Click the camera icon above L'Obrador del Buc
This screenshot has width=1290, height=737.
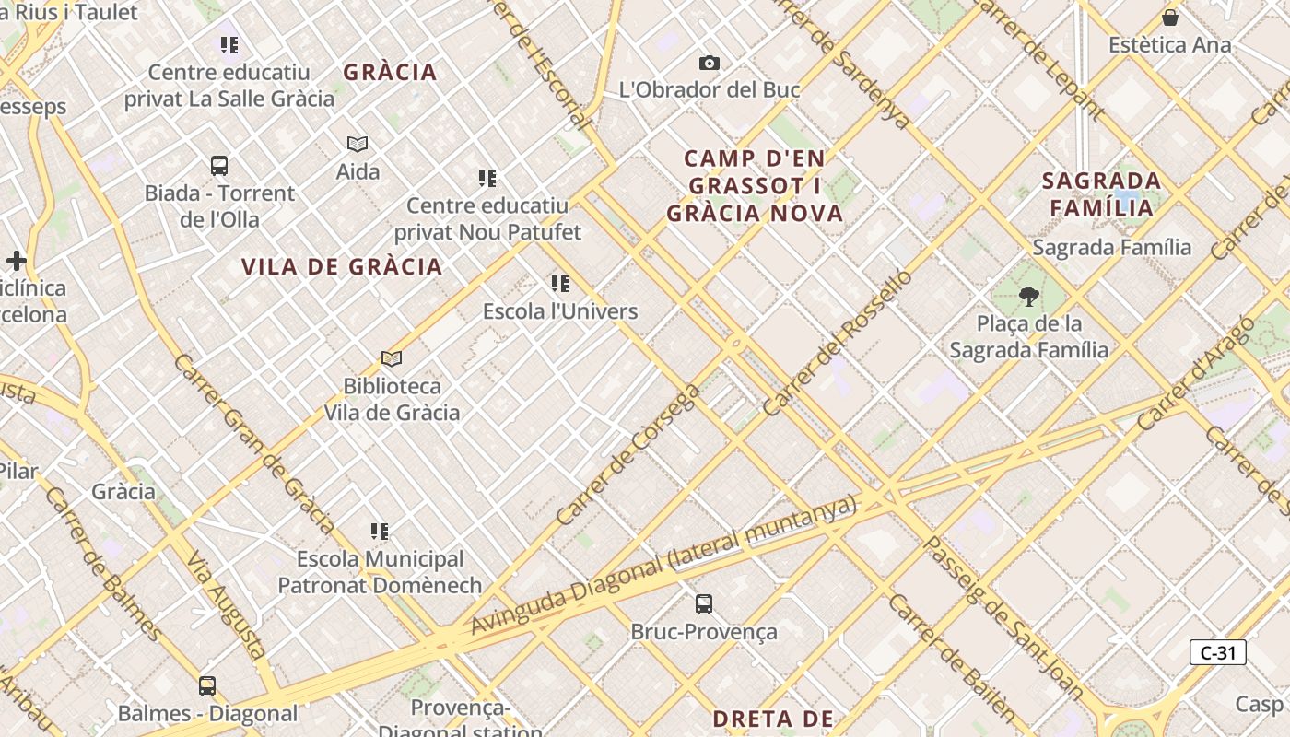[709, 63]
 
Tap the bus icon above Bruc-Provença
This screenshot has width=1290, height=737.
[704, 604]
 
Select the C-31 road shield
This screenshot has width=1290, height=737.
[1217, 652]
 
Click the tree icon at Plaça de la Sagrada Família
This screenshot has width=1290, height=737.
[1028, 297]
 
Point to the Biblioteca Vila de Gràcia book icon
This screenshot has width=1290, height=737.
[392, 358]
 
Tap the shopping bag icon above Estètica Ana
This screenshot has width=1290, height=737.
[1169, 18]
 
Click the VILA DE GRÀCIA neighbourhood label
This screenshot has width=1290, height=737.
[342, 267]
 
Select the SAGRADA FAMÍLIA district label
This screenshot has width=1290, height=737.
[1102, 193]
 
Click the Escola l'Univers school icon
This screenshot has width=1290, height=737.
[560, 284]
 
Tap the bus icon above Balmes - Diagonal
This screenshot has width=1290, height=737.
[207, 686]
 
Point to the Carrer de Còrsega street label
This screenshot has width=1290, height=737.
[627, 455]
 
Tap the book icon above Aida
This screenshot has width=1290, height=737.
[358, 144]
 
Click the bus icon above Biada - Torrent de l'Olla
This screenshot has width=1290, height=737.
[219, 166]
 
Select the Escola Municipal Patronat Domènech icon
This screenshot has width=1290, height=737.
[380, 532]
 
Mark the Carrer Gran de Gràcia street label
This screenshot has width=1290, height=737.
[253, 444]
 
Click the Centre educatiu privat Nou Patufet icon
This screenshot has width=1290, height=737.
[487, 178]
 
